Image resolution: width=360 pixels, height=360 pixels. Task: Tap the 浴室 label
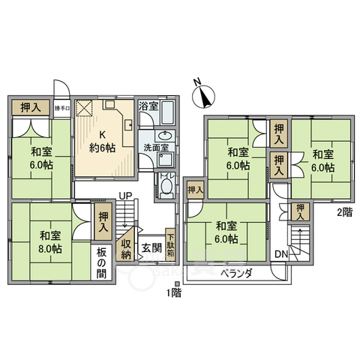[x=148, y=106]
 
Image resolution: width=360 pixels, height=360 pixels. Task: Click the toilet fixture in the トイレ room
[x=166, y=187]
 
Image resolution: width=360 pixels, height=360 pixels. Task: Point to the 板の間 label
[x=102, y=259]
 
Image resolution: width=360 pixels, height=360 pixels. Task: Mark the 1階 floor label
[x=174, y=293]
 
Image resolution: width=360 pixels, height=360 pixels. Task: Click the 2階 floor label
[x=343, y=213]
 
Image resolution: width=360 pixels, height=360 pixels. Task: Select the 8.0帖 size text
[x=51, y=247]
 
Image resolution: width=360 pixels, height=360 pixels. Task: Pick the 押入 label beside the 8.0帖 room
[x=103, y=221]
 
